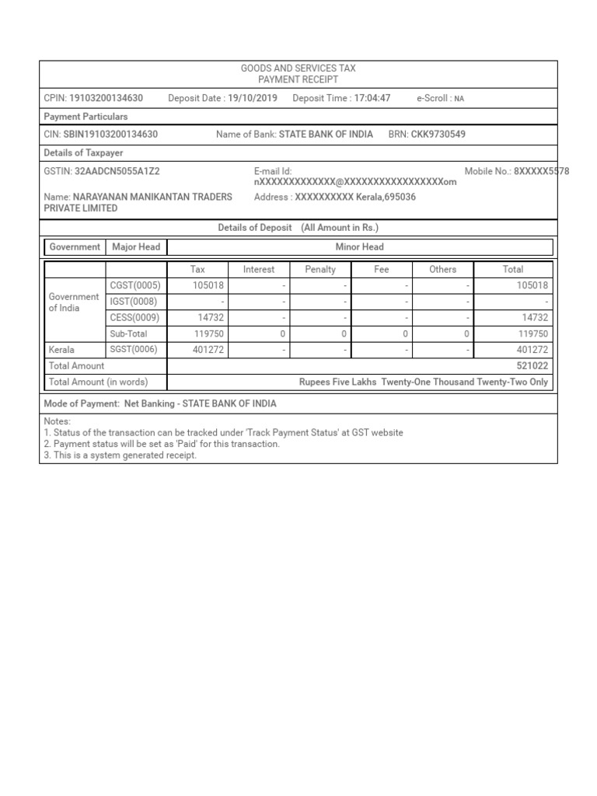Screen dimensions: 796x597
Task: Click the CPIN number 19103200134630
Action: click(106, 98)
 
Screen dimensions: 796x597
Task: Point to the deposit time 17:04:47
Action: click(372, 98)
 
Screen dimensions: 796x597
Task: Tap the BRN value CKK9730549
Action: click(438, 134)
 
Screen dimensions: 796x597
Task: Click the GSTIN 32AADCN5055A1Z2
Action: click(117, 171)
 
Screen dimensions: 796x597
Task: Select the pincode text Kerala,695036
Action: click(386, 197)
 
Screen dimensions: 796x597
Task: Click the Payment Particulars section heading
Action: click(86, 117)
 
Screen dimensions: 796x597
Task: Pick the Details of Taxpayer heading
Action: click(83, 153)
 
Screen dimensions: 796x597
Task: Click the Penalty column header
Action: click(320, 269)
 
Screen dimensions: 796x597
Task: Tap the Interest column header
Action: click(259, 269)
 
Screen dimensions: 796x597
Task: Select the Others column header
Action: click(443, 269)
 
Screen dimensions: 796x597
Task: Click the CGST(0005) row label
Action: click(135, 285)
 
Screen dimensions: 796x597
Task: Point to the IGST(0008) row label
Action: click(134, 301)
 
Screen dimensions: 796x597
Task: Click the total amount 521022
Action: click(532, 365)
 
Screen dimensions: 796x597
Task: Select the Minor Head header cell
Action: click(360, 247)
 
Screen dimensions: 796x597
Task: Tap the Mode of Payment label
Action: click(82, 404)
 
